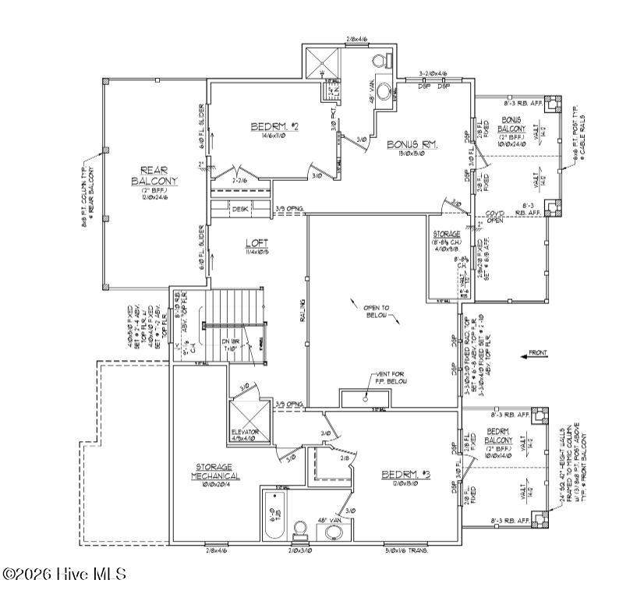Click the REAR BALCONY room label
(x=154, y=175)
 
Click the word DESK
(x=240, y=209)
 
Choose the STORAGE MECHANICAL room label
(x=215, y=472)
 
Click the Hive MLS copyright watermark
(x=64, y=574)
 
